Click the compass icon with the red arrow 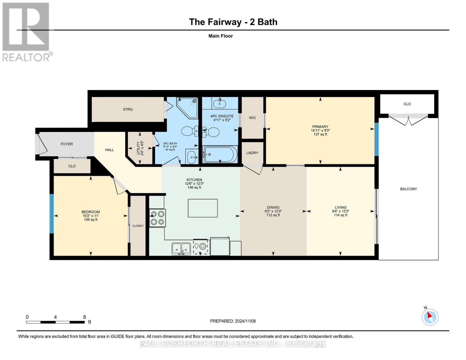pos(430,317)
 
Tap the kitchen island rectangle pos(203,208)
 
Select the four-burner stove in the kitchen pos(158,217)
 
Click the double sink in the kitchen pos(181,249)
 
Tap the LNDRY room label pos(252,153)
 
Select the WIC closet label pos(252,118)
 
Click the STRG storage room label pos(128,109)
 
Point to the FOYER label pos(67,144)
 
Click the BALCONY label pos(408,189)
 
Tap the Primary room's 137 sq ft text pos(320,134)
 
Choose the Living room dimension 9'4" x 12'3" pos(341,211)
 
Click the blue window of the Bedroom pos(52,214)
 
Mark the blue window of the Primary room pos(377,139)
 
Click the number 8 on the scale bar pos(85,317)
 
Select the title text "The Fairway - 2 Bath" pos(233,22)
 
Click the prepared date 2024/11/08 pos(245,321)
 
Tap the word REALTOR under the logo pos(26,58)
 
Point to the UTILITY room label pos(138,148)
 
